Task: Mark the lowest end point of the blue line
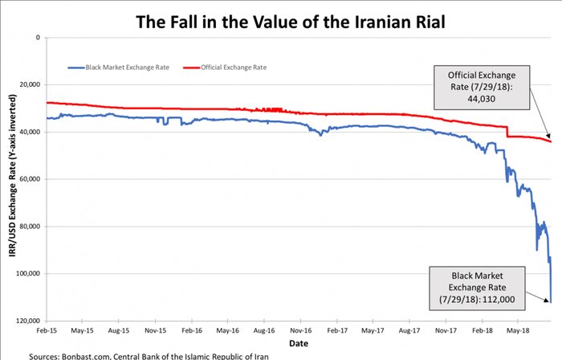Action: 550,302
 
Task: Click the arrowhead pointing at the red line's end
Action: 550,140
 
